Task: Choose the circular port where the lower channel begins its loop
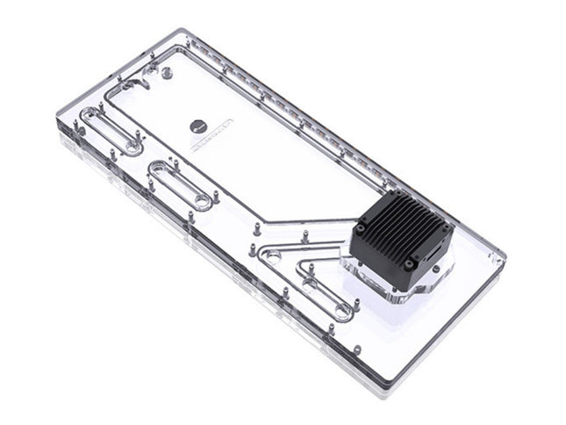click(272, 256)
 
